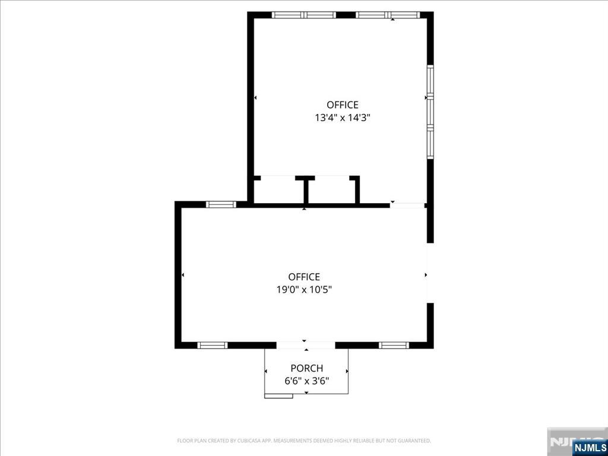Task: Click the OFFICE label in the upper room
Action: point(343,105)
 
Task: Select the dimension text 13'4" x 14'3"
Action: point(343,118)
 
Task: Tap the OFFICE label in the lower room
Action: point(304,277)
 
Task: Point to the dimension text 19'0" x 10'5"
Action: point(304,289)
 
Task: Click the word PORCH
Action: point(306,368)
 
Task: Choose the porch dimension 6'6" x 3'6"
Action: point(306,381)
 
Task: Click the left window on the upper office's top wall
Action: point(304,15)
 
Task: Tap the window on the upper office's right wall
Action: point(430,111)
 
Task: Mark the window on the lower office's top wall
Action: point(221,205)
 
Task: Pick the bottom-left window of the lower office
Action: point(213,345)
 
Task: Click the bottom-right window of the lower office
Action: point(394,345)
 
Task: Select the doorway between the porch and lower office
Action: point(306,345)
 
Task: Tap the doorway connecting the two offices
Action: point(408,205)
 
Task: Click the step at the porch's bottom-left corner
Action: point(278,395)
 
